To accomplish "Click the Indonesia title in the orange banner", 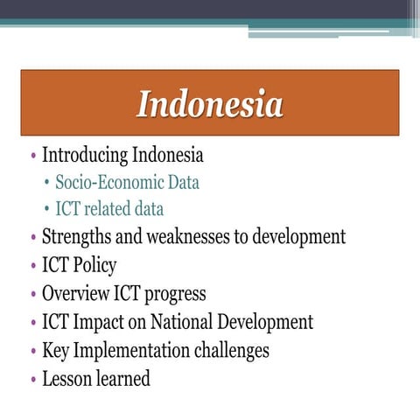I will pos(210,104).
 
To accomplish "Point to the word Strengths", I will pos(75,236).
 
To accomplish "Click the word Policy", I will pos(95,265).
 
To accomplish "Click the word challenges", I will pos(237,350).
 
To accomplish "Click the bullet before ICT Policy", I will pos(33,266).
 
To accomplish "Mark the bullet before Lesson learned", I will pos(33,380).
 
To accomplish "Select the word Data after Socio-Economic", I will pos(184,184).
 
